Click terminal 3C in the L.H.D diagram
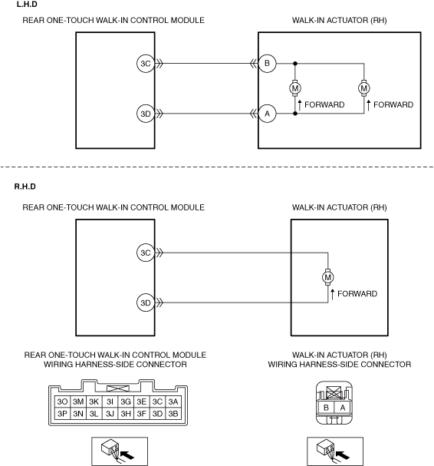pyautogui.click(x=146, y=63)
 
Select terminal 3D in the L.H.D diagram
pyautogui.click(x=146, y=114)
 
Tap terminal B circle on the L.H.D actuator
pyautogui.click(x=267, y=63)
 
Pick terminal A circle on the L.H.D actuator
pyautogui.click(x=267, y=114)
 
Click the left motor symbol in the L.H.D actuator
pyautogui.click(x=295, y=88)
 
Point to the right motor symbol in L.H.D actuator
pyautogui.click(x=364, y=88)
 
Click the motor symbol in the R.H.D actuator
pyautogui.click(x=328, y=277)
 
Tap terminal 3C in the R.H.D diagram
pyautogui.click(x=146, y=253)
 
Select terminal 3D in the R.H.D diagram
pyautogui.click(x=146, y=302)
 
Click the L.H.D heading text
pyautogui.click(x=27, y=5)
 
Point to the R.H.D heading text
pyautogui.click(x=25, y=187)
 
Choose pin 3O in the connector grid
pyautogui.click(x=62, y=402)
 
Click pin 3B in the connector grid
pyautogui.click(x=173, y=414)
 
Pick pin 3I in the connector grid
pyautogui.click(x=110, y=402)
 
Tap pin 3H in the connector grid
pyautogui.click(x=126, y=414)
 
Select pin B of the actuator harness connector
pyautogui.click(x=326, y=408)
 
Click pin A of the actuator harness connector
pyautogui.click(x=342, y=408)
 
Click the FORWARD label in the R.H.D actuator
pyautogui.click(x=357, y=293)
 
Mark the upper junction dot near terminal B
pyautogui.click(x=295, y=63)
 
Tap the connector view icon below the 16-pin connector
pyautogui.click(x=120, y=451)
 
